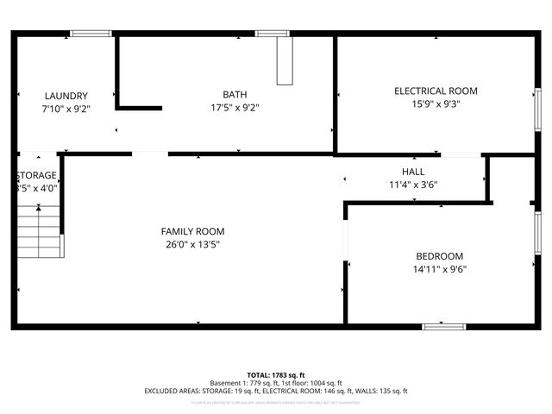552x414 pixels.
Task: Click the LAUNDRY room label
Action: click(x=66, y=96)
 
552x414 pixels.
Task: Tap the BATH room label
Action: click(x=235, y=95)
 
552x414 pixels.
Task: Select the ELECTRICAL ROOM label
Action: click(x=436, y=91)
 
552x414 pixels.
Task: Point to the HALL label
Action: click(x=413, y=172)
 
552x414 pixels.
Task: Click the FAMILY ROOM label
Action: click(x=192, y=231)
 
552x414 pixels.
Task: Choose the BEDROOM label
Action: click(x=440, y=256)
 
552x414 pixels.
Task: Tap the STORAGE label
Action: click(x=36, y=175)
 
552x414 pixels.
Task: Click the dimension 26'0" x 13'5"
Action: click(x=192, y=244)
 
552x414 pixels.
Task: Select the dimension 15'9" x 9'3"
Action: click(x=436, y=103)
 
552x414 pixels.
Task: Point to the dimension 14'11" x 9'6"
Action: click(x=440, y=269)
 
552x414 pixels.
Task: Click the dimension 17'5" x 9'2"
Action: click(x=235, y=108)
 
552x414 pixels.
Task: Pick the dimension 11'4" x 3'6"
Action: click(x=413, y=185)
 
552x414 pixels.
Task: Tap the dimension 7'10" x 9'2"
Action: click(x=66, y=109)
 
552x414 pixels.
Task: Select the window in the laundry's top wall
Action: click(x=91, y=34)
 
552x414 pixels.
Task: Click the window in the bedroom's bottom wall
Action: click(x=443, y=326)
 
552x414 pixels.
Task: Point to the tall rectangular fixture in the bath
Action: click(x=285, y=60)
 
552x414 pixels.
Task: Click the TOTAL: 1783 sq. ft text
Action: click(x=276, y=375)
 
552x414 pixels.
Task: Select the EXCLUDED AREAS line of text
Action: click(x=276, y=391)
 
